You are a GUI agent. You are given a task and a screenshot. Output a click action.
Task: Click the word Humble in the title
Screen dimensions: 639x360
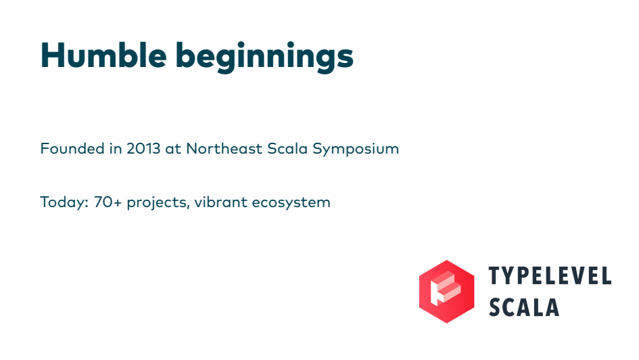click(x=103, y=55)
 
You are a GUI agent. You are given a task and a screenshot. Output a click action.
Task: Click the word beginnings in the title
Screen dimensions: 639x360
click(x=264, y=58)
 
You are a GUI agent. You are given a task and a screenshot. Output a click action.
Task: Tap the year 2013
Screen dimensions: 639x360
click(x=143, y=148)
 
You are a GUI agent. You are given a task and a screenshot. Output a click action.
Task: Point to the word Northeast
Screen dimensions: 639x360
click(x=224, y=148)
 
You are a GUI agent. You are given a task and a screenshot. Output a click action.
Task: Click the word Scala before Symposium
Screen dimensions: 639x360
click(x=287, y=148)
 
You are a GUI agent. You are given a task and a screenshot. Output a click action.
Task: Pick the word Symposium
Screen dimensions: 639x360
click(x=356, y=150)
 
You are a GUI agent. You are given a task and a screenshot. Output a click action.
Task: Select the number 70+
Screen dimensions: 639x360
click(x=108, y=202)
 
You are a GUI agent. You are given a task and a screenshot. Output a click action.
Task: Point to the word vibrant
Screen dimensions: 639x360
click(x=220, y=202)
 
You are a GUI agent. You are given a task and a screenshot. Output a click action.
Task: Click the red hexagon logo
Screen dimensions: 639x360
click(x=447, y=292)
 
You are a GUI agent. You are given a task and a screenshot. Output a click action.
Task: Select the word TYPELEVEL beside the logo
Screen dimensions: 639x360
click(x=550, y=275)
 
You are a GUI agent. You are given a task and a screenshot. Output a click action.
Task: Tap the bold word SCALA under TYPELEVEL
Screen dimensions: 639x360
click(x=523, y=307)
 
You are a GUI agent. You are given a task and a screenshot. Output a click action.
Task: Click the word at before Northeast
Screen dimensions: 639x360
click(x=173, y=150)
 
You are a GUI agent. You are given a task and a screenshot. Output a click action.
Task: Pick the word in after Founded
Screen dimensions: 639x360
click(x=116, y=148)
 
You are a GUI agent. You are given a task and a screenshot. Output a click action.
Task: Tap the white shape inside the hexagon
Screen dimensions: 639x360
click(x=446, y=288)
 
